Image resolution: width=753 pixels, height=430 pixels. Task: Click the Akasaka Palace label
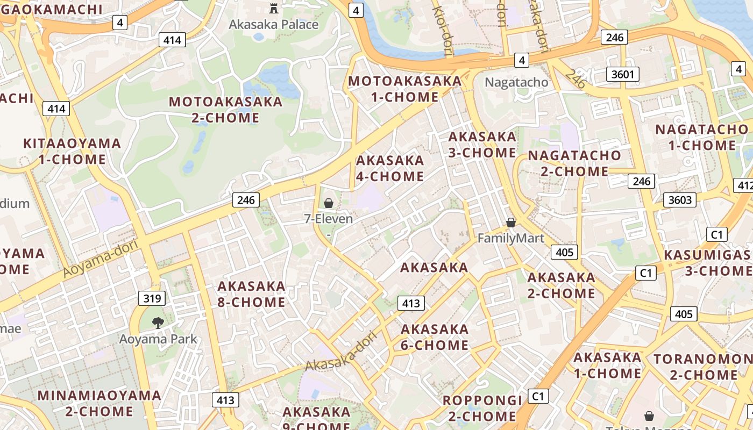tap(273, 24)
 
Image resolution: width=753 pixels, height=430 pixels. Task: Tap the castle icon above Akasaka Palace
tap(274, 8)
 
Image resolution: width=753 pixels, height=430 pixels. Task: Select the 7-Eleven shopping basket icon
tap(328, 203)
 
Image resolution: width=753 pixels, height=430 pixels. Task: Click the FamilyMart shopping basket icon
tap(511, 222)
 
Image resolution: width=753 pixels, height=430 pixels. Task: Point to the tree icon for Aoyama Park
tap(158, 322)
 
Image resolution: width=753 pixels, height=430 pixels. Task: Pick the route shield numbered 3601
tap(623, 74)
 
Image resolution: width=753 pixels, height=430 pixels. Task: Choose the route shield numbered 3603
tap(679, 200)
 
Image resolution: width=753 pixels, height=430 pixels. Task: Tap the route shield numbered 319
tap(152, 298)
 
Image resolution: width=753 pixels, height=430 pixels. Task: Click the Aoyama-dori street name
tap(101, 259)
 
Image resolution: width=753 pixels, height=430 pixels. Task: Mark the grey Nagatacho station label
tap(516, 82)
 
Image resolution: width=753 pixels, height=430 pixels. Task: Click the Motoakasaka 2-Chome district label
tap(225, 109)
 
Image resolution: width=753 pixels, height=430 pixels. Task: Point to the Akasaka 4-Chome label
tap(390, 168)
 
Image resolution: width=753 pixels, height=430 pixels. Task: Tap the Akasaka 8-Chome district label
tap(251, 294)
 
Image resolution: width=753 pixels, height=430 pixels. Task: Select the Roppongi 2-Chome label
tap(482, 408)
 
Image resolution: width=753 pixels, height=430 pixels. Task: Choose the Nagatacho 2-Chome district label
tap(574, 163)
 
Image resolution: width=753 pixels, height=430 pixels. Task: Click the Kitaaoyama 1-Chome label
tap(72, 151)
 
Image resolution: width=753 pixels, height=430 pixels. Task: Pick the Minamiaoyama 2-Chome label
tap(99, 403)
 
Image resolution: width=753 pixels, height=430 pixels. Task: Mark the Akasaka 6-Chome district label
tap(435, 337)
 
